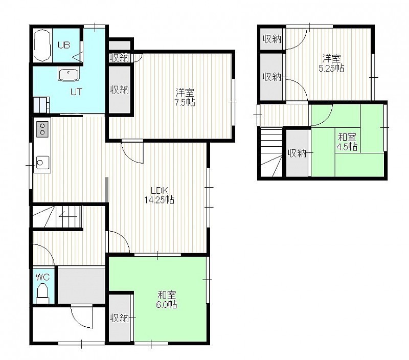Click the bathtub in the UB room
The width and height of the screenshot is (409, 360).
42,45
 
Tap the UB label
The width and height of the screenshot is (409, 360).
64,46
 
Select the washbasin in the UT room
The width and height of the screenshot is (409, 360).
68,75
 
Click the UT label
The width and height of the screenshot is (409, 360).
76,92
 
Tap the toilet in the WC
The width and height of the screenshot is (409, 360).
42,293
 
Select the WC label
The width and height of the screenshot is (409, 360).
42,277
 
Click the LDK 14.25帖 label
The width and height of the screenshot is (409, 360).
160,195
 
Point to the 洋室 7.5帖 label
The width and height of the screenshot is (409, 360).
185,97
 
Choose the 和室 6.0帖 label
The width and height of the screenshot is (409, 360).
167,300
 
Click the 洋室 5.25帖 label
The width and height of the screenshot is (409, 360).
331,63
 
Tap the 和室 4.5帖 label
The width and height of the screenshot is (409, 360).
347,142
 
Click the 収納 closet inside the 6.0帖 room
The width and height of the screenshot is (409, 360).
120,318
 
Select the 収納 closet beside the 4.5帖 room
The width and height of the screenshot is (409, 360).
297,153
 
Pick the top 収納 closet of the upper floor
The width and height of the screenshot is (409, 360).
271,39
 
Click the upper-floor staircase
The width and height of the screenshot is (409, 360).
272,152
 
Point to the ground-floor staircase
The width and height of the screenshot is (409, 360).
57,216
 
